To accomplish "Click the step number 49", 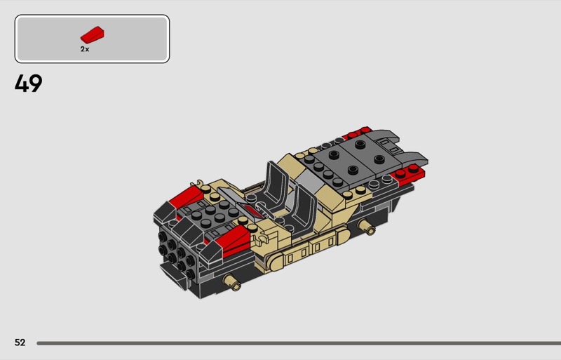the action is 29,84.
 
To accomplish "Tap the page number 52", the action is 20,342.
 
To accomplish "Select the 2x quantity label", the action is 85,49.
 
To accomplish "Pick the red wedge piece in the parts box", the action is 93,34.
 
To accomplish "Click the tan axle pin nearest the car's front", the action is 232,282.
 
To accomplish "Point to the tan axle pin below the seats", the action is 366,227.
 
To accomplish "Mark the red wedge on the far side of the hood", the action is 187,197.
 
